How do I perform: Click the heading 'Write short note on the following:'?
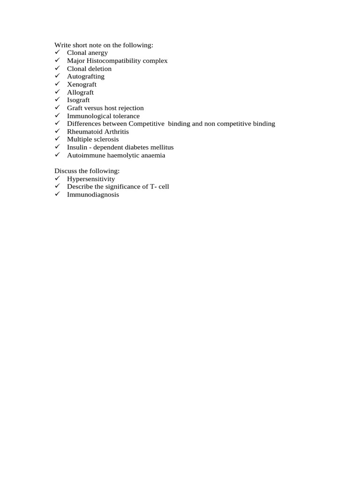point(104,45)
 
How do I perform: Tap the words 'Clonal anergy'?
point(87,53)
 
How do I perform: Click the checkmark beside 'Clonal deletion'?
point(57,68)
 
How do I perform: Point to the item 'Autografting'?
point(86,76)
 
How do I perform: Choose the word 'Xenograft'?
point(82,84)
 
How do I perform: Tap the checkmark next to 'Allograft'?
point(57,92)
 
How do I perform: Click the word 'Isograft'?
point(78,100)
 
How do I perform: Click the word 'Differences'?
point(84,124)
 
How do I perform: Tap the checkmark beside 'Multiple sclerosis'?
point(57,139)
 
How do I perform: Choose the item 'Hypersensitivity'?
point(91,179)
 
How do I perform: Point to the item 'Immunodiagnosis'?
point(93,195)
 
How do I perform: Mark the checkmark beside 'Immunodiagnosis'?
point(57,195)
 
